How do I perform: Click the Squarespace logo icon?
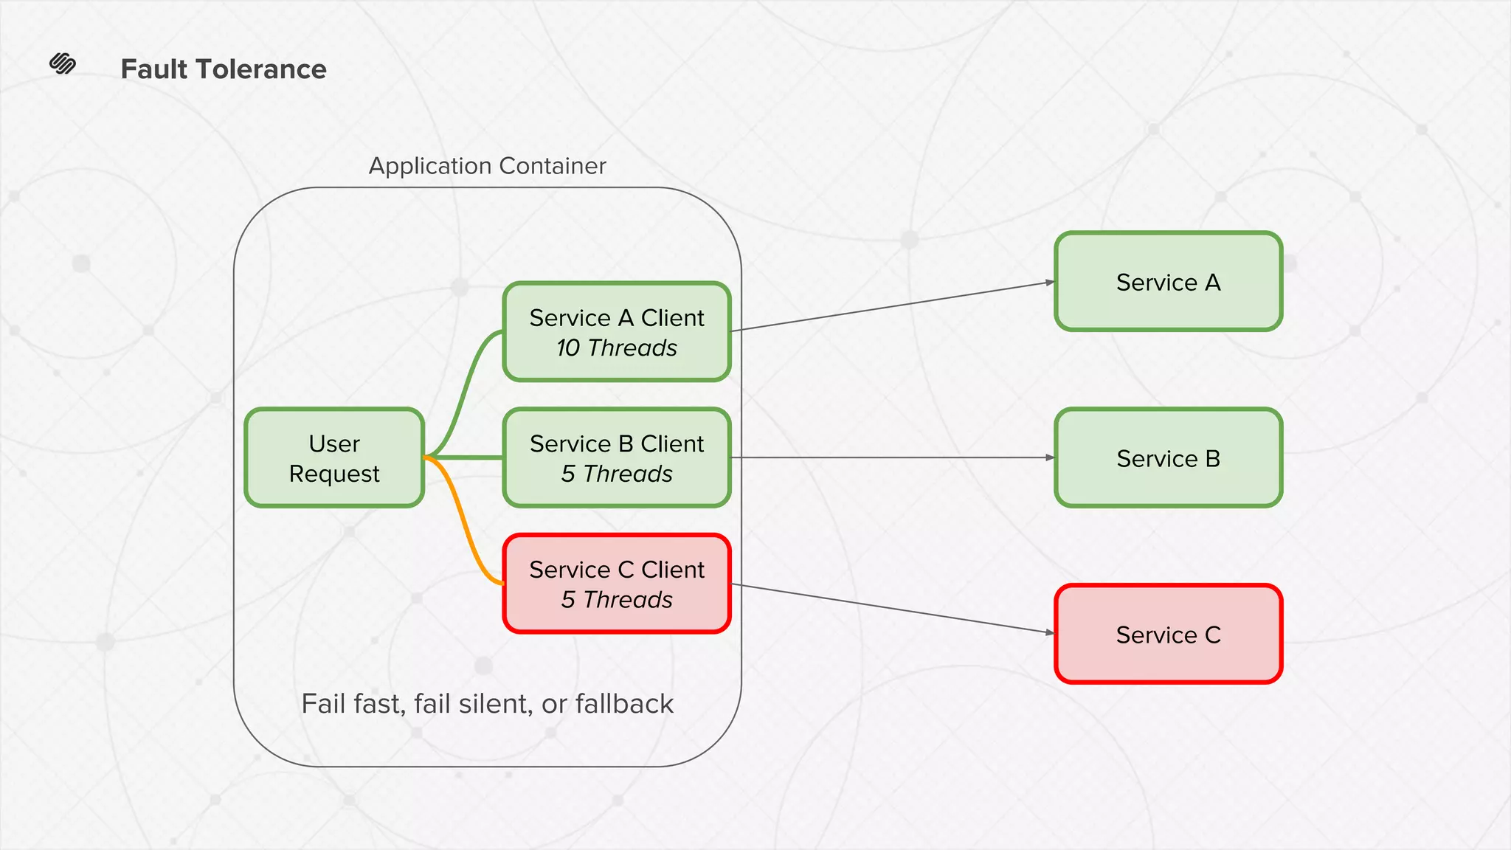(x=63, y=64)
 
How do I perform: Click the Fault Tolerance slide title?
(x=223, y=69)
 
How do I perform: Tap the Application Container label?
(x=487, y=166)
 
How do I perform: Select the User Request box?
(x=334, y=458)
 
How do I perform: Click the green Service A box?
(x=1168, y=282)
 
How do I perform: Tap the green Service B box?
(x=1168, y=458)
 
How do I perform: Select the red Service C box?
(x=1168, y=635)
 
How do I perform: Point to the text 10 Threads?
(x=617, y=348)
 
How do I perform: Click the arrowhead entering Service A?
(x=1050, y=282)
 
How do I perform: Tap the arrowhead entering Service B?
(x=1050, y=457)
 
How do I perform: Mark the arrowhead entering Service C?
(x=1050, y=632)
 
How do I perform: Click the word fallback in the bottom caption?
(x=624, y=704)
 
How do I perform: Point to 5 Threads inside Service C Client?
(x=617, y=600)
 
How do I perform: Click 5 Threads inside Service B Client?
(x=617, y=474)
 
